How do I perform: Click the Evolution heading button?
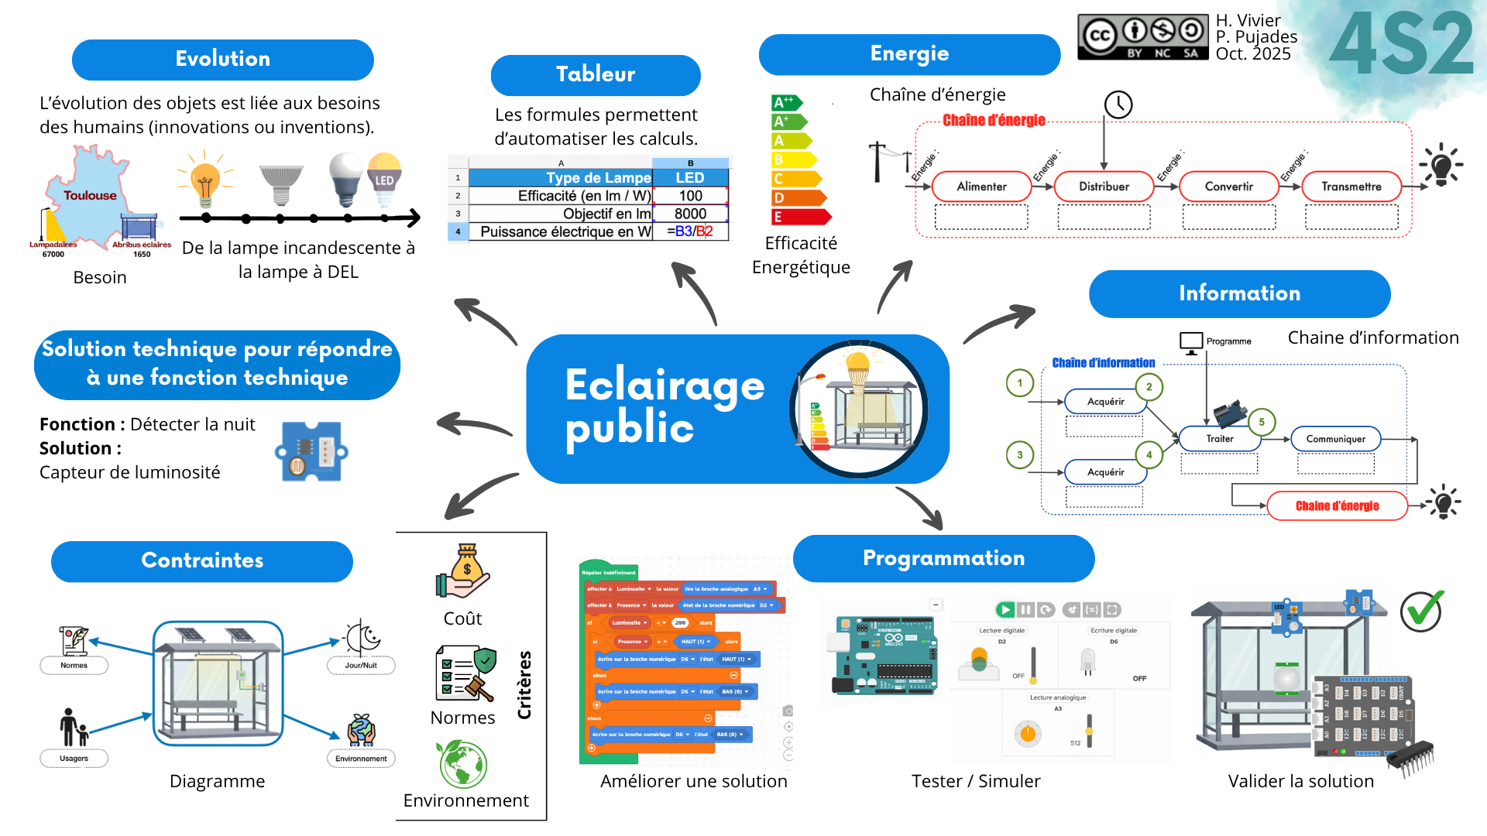click(222, 60)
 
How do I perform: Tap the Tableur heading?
click(595, 75)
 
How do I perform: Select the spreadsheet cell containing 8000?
click(690, 214)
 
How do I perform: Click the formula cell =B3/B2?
click(690, 231)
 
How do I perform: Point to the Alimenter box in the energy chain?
click(981, 187)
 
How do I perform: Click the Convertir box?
click(1228, 187)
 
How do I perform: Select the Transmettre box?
click(1351, 187)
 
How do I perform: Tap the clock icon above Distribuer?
click(1118, 104)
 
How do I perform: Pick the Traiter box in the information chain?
click(1220, 439)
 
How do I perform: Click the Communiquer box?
click(1335, 439)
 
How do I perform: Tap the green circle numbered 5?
click(1262, 422)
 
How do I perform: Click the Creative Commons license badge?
click(1142, 36)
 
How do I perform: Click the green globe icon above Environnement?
click(463, 764)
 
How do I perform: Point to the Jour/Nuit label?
click(361, 666)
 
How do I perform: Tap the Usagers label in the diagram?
click(74, 759)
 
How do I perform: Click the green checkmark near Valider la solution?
click(1422, 612)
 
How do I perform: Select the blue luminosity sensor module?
click(311, 451)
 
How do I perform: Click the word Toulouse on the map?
click(90, 196)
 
